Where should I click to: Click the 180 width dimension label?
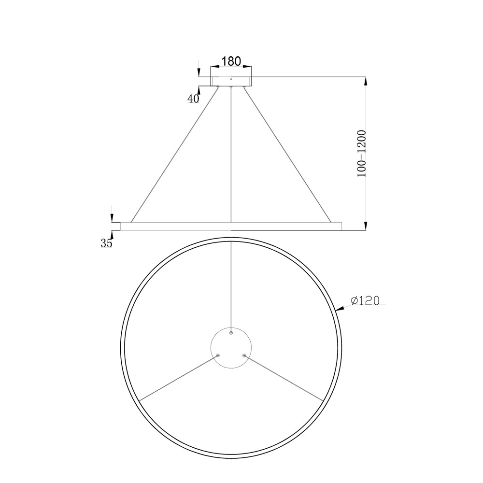[231, 61]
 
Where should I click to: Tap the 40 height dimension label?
[193, 99]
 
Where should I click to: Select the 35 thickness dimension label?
[106, 243]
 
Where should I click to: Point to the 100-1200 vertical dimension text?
[361, 154]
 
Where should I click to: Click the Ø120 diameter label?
[365, 300]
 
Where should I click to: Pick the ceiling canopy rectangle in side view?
[231, 81]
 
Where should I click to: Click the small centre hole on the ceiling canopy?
[231, 79]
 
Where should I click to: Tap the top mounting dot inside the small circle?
[231, 333]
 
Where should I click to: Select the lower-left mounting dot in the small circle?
[218, 355]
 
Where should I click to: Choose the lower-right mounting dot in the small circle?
[244, 355]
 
